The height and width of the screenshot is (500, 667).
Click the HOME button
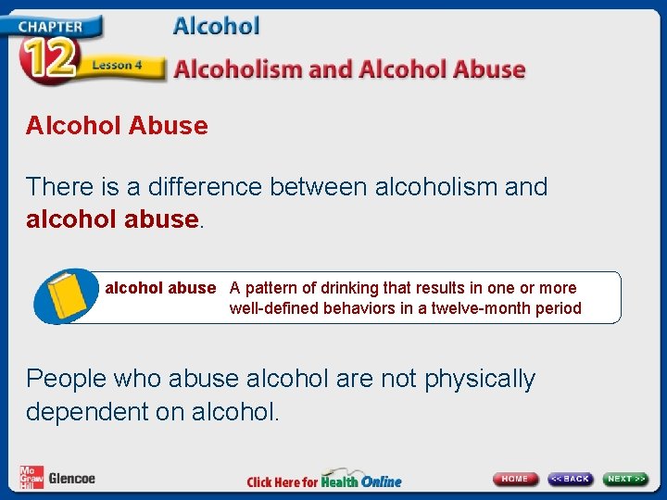tap(515, 479)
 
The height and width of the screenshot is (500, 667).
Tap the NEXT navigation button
tap(626, 479)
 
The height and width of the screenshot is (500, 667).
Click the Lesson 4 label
tap(117, 66)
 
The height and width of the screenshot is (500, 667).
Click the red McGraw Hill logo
tap(31, 478)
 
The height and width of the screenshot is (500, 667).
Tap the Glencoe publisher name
tap(71, 479)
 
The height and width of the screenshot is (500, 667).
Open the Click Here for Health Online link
tap(323, 481)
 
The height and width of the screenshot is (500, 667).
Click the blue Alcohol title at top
tap(216, 26)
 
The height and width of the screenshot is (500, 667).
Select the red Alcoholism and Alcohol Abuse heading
tap(349, 69)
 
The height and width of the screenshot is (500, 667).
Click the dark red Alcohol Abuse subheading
tap(117, 126)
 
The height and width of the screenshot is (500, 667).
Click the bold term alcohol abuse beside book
tap(159, 288)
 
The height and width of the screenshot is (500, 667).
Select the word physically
tap(480, 379)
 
